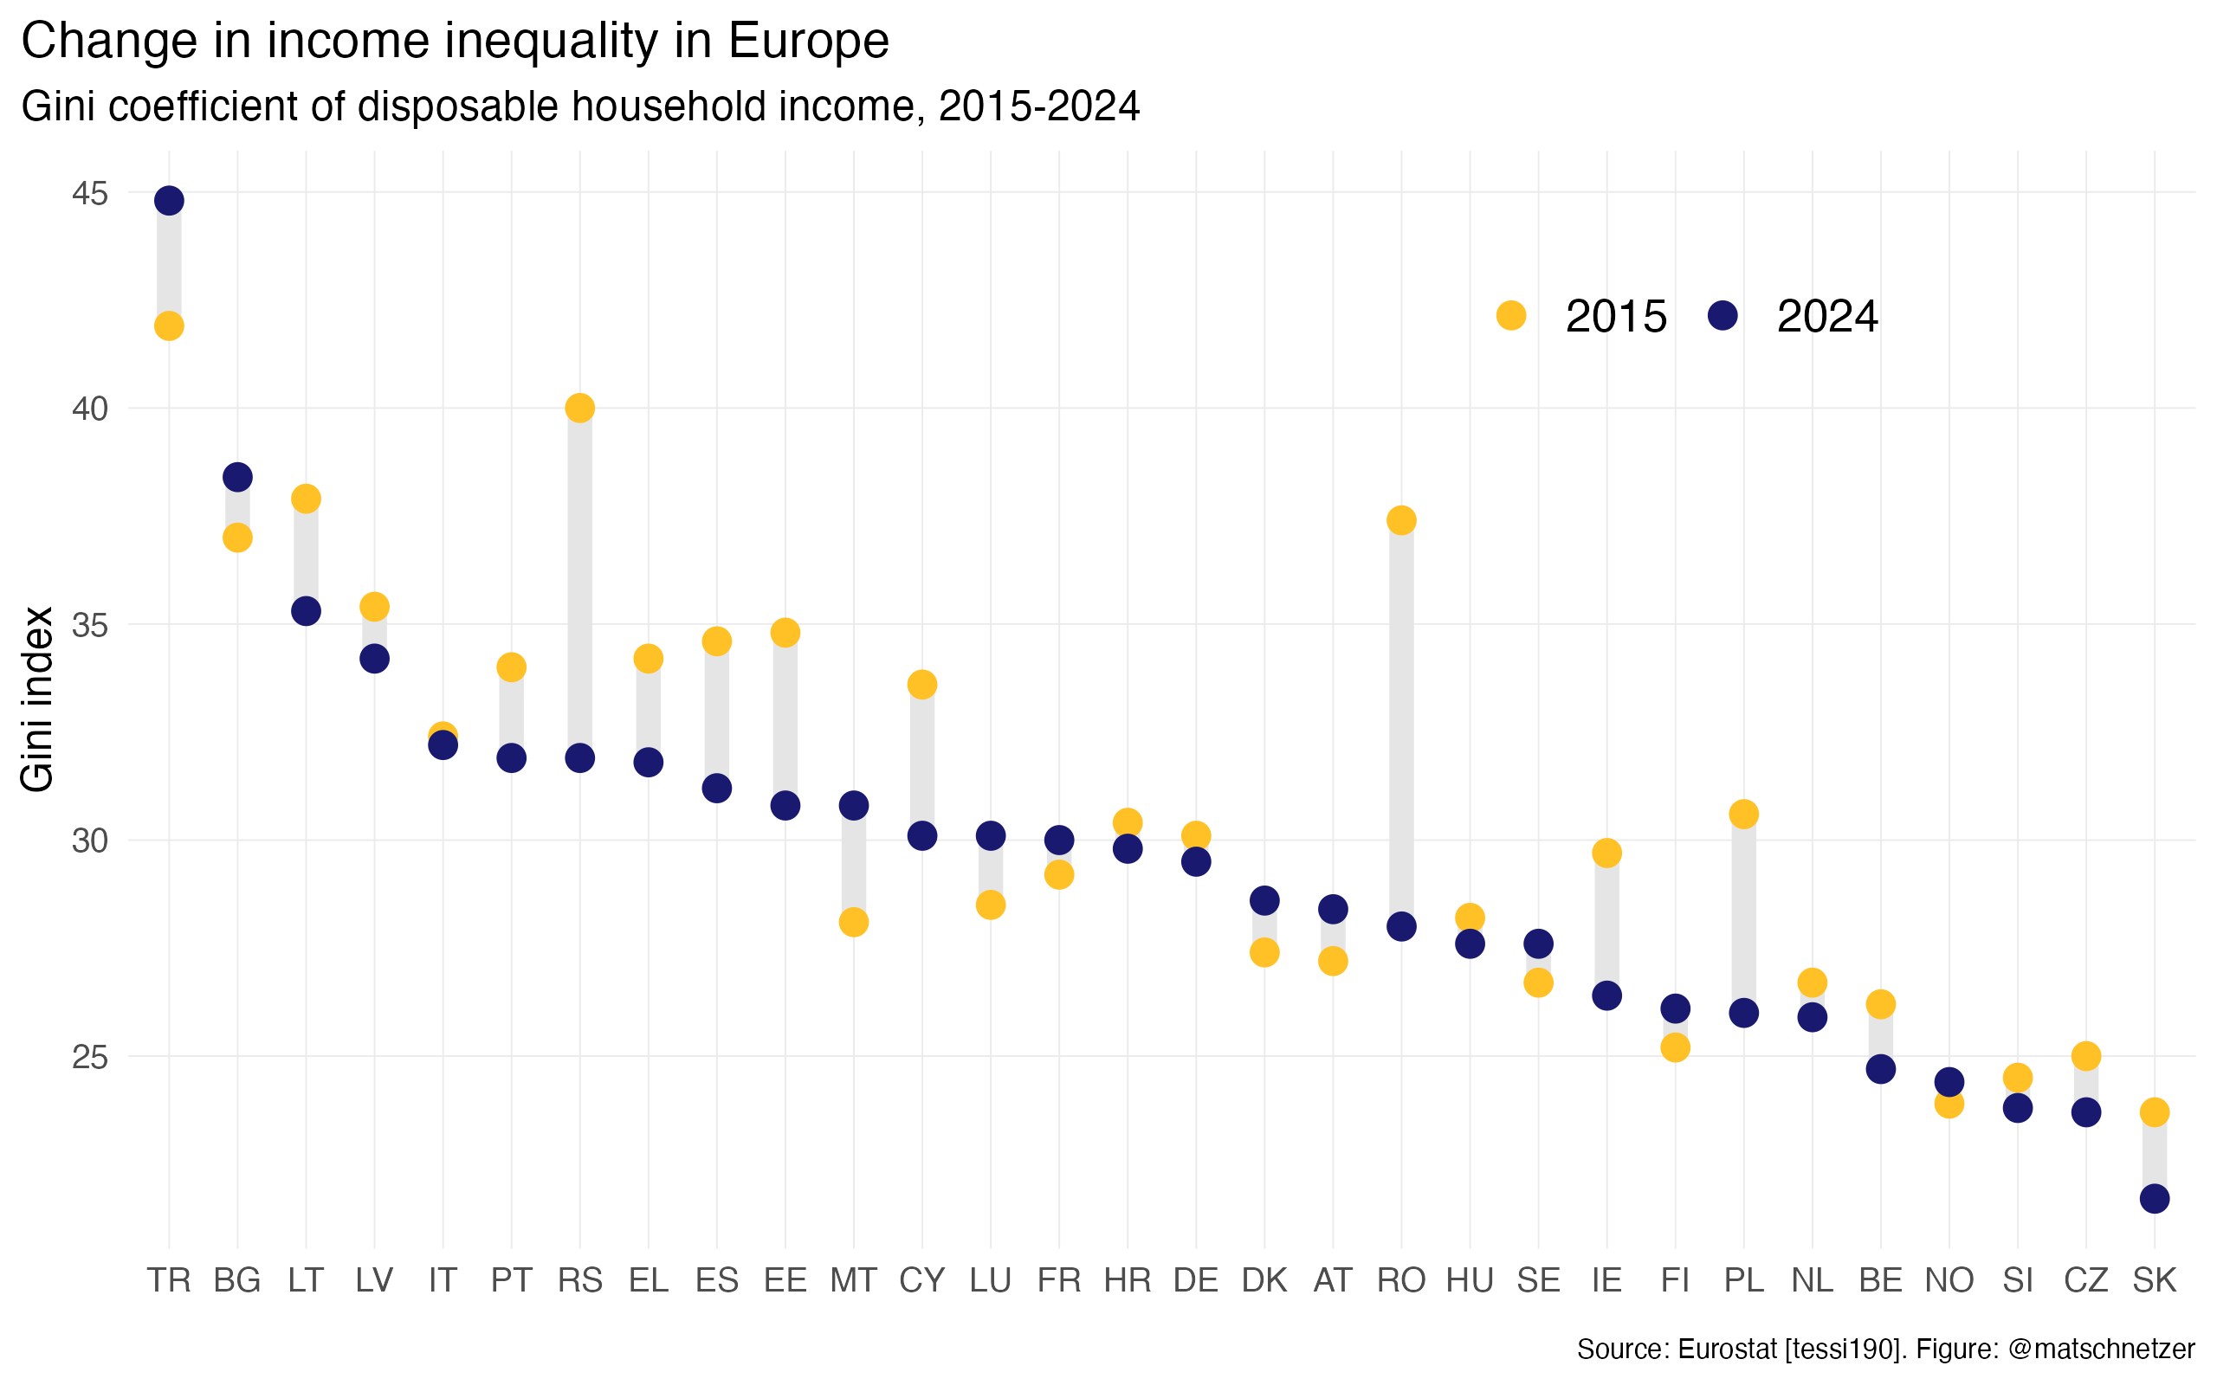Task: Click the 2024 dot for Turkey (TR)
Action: click(169, 201)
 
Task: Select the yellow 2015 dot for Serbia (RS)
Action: click(580, 408)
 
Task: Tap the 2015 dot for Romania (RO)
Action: click(1400, 520)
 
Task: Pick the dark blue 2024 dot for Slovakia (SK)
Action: click(2154, 1198)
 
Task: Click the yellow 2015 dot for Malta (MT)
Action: click(853, 923)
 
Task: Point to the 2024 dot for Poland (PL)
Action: click(1743, 1013)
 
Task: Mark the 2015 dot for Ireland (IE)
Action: click(1606, 853)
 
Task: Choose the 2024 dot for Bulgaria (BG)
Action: click(237, 477)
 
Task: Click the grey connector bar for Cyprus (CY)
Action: click(921, 760)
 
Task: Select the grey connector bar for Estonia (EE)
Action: click(785, 719)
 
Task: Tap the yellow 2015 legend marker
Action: click(1510, 316)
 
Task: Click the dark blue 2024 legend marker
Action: click(1723, 316)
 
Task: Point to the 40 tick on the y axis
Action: click(90, 409)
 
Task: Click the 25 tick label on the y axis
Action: click(90, 1057)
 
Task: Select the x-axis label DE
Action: click(1195, 1279)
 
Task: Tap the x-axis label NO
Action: click(1949, 1279)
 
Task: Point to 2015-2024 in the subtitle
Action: click(1039, 106)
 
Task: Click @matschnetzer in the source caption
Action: click(2101, 1350)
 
